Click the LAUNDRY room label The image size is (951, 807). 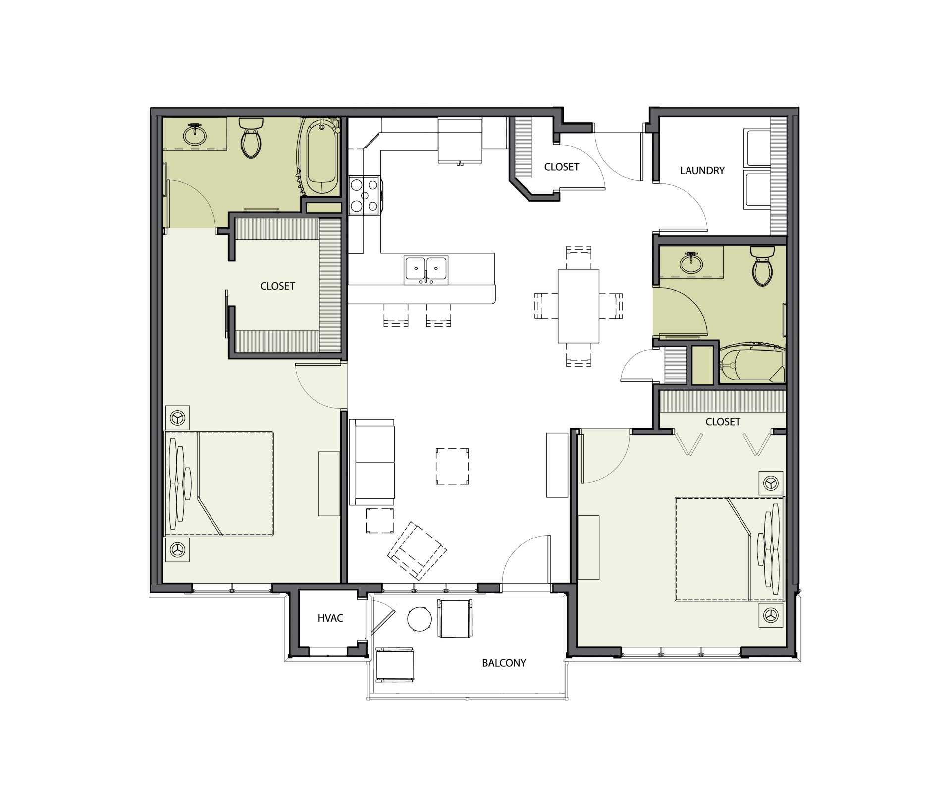coord(702,171)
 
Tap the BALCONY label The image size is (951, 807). coord(504,663)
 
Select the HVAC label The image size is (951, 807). coord(330,618)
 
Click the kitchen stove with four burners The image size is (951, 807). coord(365,195)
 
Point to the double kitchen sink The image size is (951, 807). coord(426,269)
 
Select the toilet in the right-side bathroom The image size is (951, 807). coord(762,267)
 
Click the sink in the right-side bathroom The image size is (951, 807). coord(691,263)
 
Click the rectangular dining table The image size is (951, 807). coord(579,306)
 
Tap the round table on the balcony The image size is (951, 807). coord(420,619)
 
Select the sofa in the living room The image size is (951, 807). coord(372,462)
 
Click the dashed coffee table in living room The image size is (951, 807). coord(452,466)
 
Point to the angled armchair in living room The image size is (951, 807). coord(417,550)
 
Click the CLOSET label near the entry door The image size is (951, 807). coord(562,167)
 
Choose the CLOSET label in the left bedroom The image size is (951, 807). coord(277,286)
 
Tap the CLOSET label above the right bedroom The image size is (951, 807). coord(723,422)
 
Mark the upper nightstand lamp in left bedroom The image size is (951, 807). coord(177,418)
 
